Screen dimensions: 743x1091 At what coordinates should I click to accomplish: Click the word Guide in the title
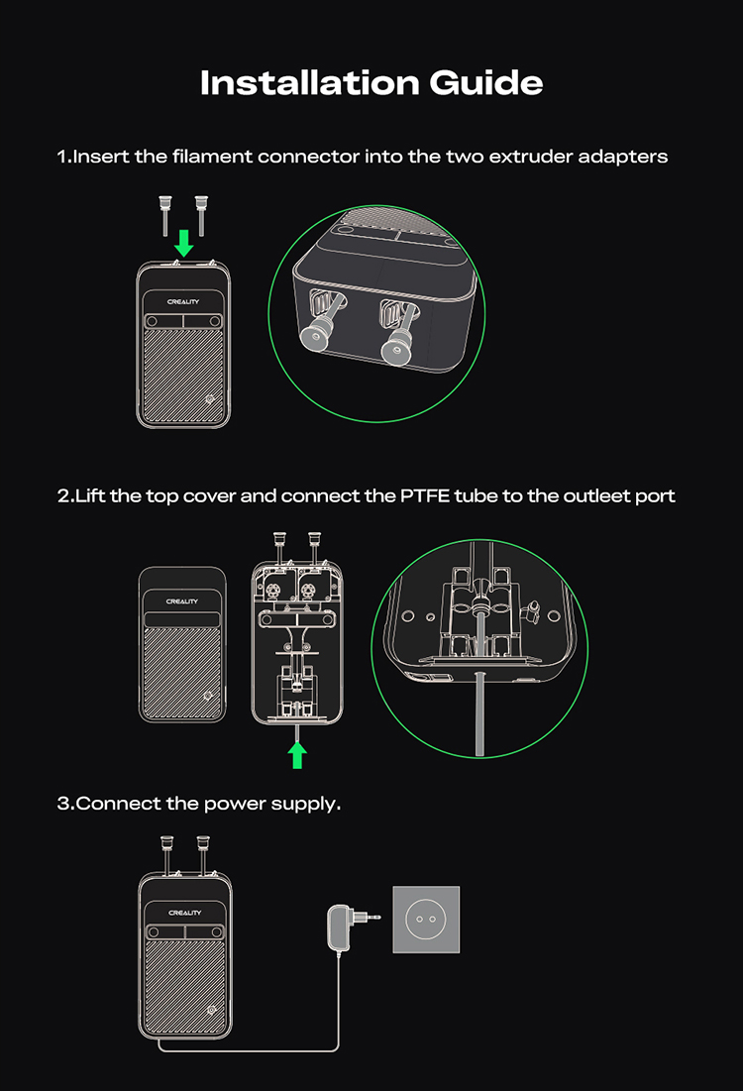[485, 82]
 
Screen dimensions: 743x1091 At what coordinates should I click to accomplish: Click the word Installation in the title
[309, 82]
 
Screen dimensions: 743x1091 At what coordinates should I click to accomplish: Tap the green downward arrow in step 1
[183, 244]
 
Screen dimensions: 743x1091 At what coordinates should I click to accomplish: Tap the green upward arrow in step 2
[297, 755]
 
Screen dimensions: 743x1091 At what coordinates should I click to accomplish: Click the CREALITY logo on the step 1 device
[183, 302]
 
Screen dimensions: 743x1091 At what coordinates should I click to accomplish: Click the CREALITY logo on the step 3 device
[184, 913]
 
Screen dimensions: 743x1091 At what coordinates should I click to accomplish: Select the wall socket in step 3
[426, 920]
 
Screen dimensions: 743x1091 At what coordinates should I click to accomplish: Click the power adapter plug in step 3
[352, 927]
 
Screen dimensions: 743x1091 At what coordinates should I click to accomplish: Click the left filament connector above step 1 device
[164, 215]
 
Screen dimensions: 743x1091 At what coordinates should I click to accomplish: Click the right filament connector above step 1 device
[202, 215]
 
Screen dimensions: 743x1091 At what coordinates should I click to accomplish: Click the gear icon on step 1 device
[211, 399]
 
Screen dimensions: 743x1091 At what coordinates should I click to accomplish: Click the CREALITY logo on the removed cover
[182, 601]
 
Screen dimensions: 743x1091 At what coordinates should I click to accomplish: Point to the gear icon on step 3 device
[212, 1010]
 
